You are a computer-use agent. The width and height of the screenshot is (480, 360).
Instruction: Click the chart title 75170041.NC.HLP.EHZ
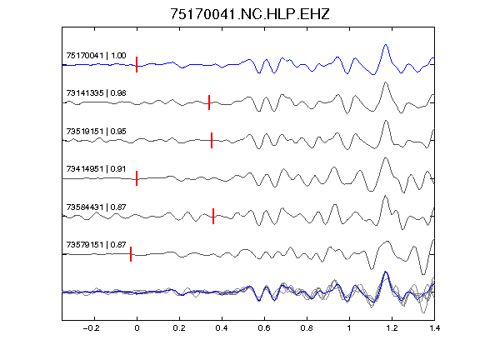[250, 14]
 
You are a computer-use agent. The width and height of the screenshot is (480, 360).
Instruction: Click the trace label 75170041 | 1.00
[96, 55]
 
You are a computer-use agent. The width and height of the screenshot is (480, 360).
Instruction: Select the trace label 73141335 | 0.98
[96, 93]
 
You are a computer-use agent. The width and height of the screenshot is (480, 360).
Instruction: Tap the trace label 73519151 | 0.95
[96, 132]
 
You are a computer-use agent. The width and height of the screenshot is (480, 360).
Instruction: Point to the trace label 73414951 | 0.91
[96, 169]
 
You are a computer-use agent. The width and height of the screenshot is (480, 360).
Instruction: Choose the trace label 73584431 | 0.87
[96, 207]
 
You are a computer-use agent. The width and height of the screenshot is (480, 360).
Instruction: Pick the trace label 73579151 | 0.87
[96, 245]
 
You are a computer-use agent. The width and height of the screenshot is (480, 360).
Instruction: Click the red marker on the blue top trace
[137, 65]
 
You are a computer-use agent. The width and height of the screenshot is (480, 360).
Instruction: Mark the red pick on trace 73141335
[209, 102]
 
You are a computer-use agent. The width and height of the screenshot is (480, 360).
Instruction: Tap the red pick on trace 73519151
[212, 140]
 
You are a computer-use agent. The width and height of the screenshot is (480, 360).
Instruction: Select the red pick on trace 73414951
[137, 178]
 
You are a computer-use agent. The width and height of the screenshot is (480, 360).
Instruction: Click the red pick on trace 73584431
[213, 216]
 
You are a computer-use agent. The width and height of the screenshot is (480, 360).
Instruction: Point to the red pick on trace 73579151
[131, 254]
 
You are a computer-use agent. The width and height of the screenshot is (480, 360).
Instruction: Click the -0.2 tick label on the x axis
[91, 328]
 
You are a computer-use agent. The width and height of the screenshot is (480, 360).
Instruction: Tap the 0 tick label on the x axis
[137, 328]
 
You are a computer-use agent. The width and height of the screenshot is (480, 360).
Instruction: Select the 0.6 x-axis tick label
[264, 328]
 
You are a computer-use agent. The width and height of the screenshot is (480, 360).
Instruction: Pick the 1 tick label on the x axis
[349, 328]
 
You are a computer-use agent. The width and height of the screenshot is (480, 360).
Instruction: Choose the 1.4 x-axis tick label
[434, 328]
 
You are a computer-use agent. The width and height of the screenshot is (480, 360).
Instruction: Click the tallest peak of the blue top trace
[386, 45]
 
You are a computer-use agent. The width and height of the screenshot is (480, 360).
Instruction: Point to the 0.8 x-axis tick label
[307, 328]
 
